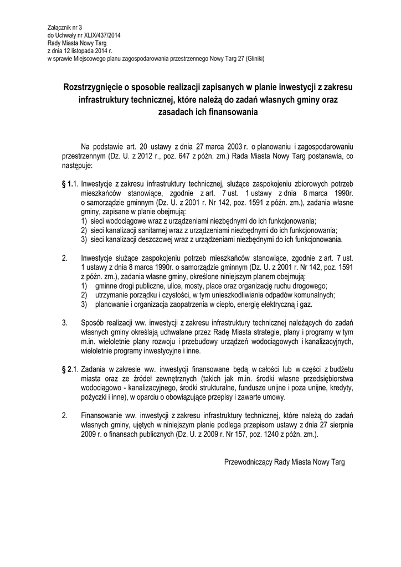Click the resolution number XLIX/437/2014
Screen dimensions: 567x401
102,35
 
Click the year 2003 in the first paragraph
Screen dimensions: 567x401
235,146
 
